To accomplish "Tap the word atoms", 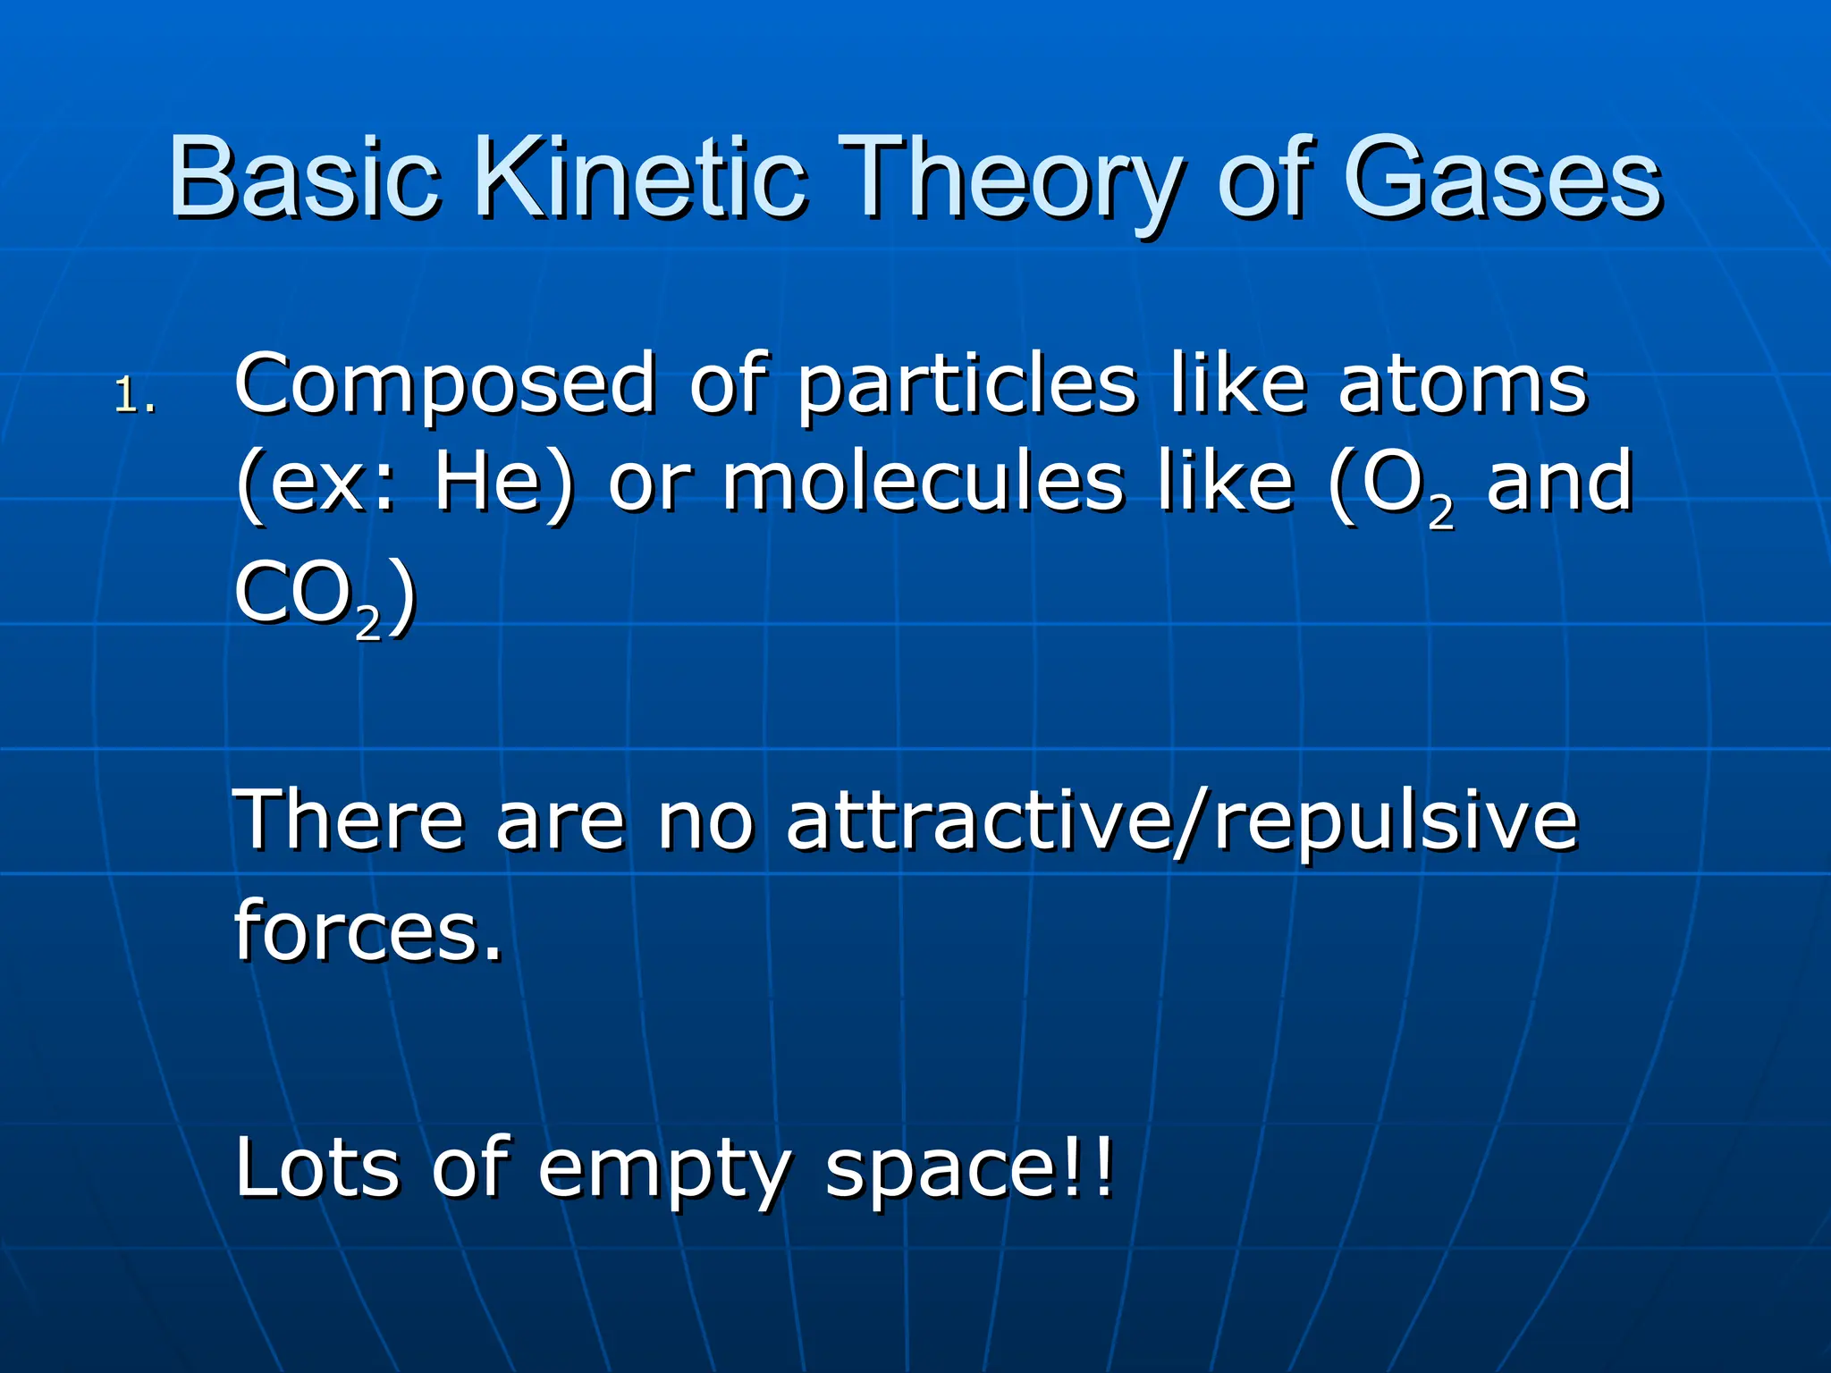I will (1462, 384).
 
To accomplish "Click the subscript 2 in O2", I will (1441, 512).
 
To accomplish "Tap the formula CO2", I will (308, 594).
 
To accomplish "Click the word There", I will (349, 821).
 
